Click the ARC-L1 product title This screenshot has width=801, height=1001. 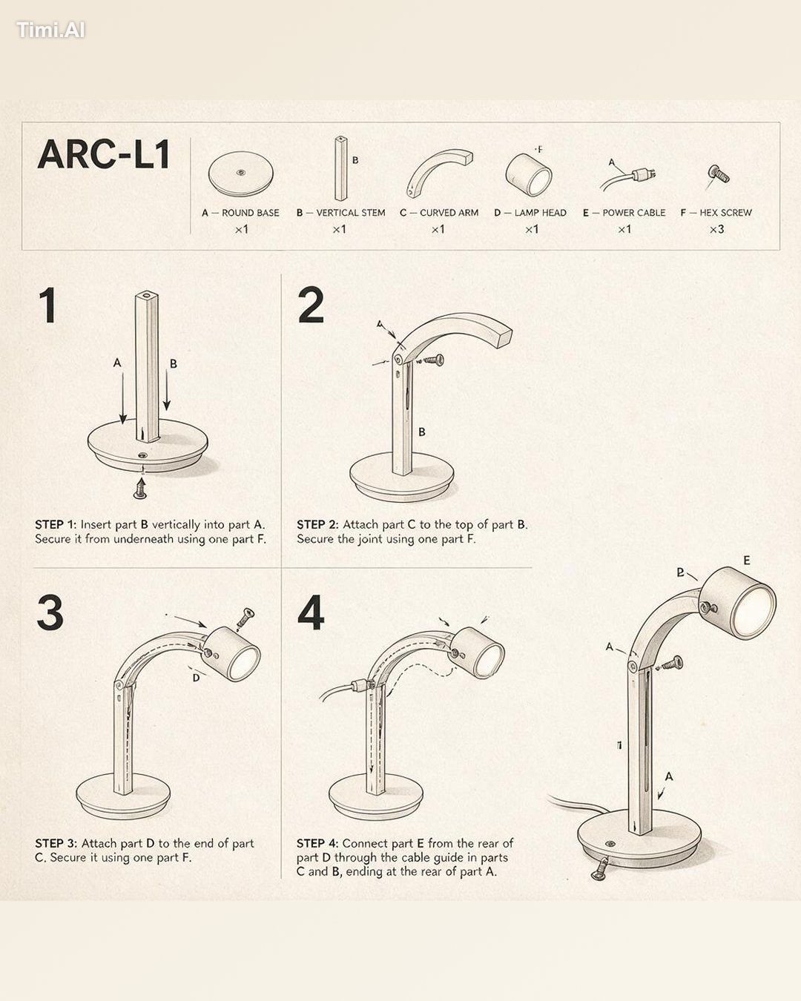point(103,154)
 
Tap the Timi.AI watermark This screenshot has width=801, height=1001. point(50,30)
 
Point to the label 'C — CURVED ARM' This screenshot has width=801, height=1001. point(439,213)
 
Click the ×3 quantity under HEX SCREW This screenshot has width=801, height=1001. point(716,229)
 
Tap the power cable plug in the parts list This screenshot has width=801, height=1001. point(643,175)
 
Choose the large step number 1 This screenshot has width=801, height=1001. point(47,305)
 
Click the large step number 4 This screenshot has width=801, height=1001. point(311,612)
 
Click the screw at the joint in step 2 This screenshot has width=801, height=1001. point(433,360)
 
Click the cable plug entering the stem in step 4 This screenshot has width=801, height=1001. point(362,684)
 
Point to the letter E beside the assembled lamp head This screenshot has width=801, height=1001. point(747,561)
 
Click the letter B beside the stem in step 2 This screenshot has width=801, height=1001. point(422,432)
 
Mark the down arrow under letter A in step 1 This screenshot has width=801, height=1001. point(123,398)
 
